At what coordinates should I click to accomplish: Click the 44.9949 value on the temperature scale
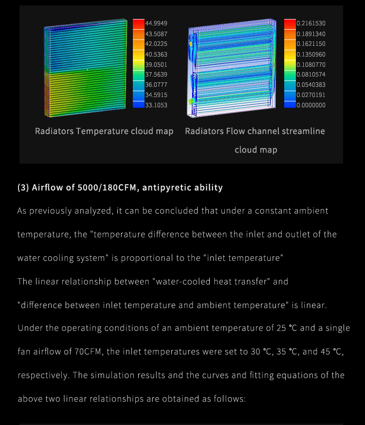(x=156, y=23)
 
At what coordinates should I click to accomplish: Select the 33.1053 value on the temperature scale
(x=156, y=105)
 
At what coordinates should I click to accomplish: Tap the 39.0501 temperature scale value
(x=156, y=64)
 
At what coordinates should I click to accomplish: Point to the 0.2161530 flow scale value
(x=311, y=23)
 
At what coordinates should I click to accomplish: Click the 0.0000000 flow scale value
(x=311, y=105)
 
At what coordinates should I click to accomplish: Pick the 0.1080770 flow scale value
(x=311, y=64)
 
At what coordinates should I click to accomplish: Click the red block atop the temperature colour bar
(x=138, y=23)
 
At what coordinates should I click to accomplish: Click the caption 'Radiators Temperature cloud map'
(x=104, y=132)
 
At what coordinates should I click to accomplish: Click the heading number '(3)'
(x=23, y=188)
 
